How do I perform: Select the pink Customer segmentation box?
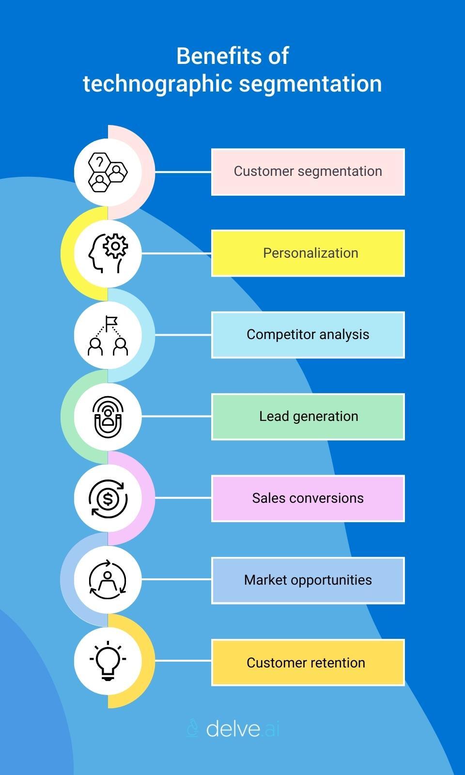tap(308, 172)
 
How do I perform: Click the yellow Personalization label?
tap(308, 253)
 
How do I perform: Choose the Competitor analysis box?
tap(308, 335)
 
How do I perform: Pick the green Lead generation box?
tap(308, 417)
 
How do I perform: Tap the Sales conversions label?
tap(308, 498)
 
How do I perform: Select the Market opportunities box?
tap(308, 580)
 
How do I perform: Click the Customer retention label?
tap(308, 662)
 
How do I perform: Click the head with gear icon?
tap(108, 253)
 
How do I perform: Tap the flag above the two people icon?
tap(111, 321)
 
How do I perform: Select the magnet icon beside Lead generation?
tap(108, 417)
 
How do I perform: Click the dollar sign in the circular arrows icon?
tap(108, 498)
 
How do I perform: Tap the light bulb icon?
tap(108, 661)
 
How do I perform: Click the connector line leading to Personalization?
tap(176, 253)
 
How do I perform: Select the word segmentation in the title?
tap(310, 84)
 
